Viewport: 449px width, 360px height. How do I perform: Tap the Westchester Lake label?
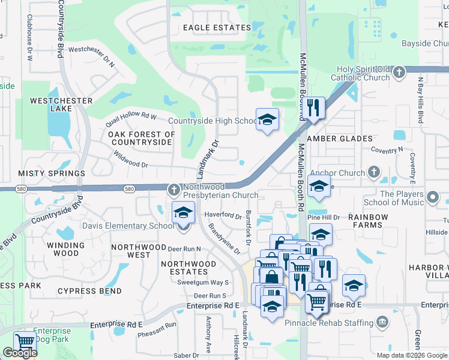point(61,104)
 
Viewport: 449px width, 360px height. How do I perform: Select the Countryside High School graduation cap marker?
point(267,119)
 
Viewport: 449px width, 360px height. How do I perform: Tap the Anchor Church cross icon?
point(373,173)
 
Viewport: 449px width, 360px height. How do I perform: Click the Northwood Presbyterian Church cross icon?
point(174,190)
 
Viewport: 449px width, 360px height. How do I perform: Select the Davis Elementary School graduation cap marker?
point(183,212)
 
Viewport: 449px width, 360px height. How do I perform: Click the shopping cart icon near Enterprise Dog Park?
point(25,342)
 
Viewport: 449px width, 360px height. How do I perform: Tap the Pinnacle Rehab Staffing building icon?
point(381,322)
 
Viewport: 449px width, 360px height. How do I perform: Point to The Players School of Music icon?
point(432,197)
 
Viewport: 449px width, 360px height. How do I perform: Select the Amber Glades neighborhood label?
point(340,139)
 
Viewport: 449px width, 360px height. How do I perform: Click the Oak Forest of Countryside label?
point(142,139)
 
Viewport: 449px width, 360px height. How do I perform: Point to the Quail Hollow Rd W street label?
point(130,116)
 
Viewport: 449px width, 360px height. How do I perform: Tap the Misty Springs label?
point(51,173)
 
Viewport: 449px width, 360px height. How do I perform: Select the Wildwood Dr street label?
point(130,164)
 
